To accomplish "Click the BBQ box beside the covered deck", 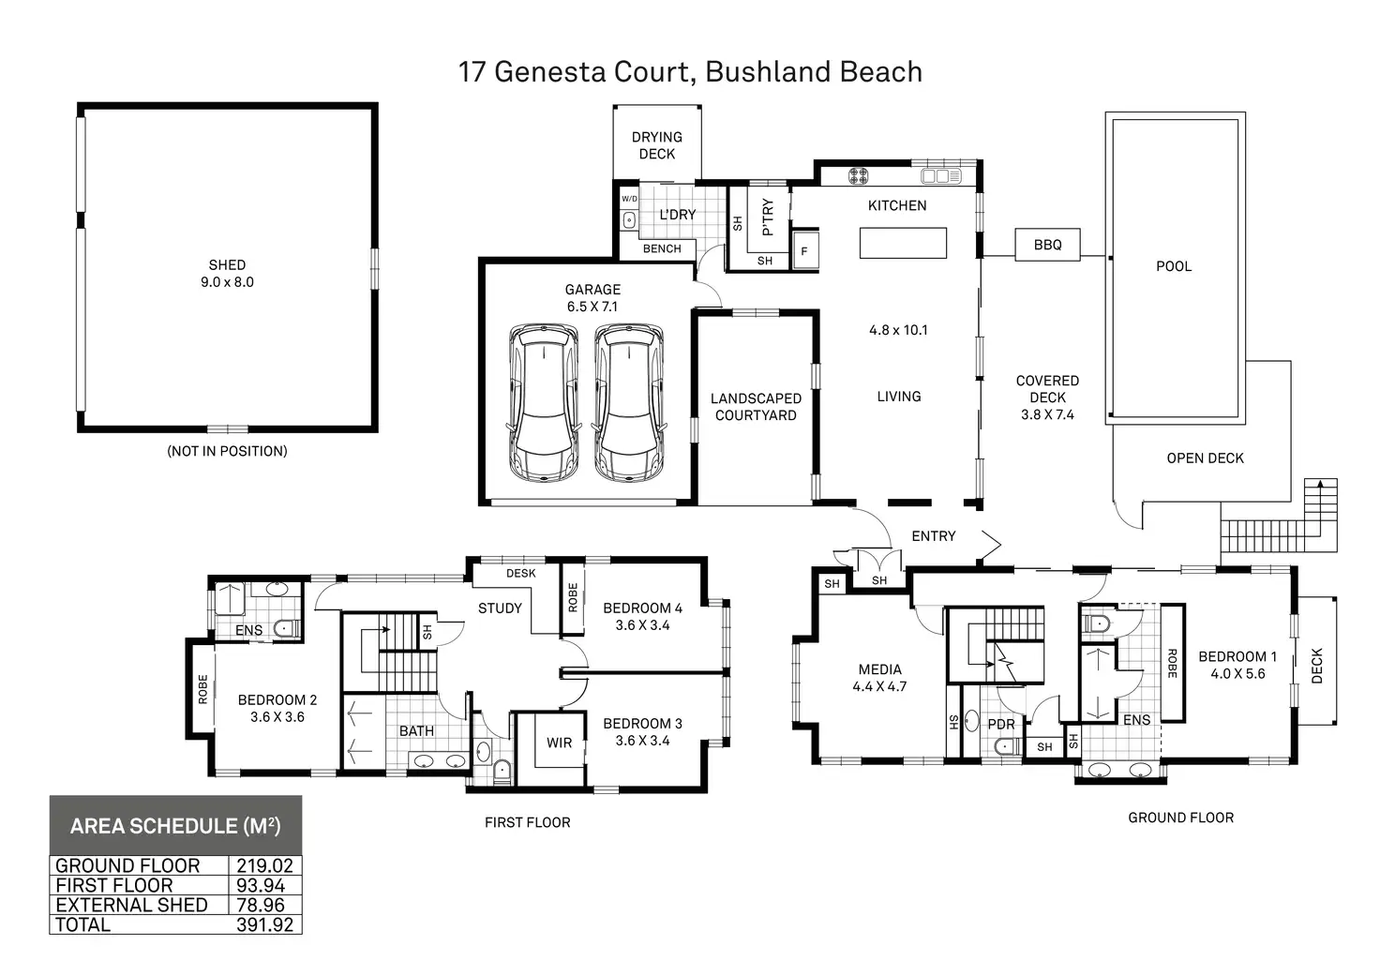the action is (x=1047, y=245).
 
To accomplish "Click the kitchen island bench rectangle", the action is (x=903, y=243).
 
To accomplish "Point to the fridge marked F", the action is (x=804, y=251).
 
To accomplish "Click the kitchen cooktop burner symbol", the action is (x=859, y=175).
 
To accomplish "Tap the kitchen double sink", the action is (x=940, y=175).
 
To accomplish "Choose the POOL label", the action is (x=1174, y=266).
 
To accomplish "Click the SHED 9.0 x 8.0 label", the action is (x=227, y=274).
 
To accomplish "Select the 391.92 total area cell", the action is (x=265, y=924).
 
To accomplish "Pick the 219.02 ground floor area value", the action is (x=265, y=866).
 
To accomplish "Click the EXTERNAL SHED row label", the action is (x=131, y=905).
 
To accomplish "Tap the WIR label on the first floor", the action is (x=559, y=743).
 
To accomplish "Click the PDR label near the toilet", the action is (x=1001, y=724).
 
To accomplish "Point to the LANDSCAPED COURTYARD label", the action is (x=756, y=407).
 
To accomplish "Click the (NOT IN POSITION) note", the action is (x=227, y=451).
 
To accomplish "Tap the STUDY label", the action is (x=500, y=608).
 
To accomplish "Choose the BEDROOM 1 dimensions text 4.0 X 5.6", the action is (x=1237, y=673).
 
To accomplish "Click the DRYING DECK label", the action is (x=656, y=145).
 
